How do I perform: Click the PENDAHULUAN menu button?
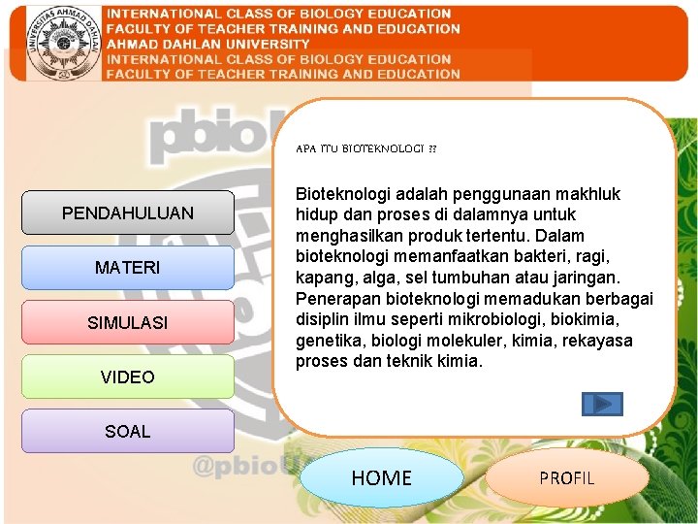[x=127, y=213]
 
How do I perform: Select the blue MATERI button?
[x=127, y=267]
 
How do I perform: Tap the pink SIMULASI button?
[x=127, y=322]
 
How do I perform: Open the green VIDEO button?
[x=127, y=377]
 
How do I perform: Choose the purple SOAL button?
[x=127, y=431]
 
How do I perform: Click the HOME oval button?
[x=381, y=477]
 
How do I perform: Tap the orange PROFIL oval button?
[x=566, y=477]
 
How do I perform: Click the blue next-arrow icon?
[x=602, y=404]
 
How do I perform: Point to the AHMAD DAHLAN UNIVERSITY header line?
[x=208, y=44]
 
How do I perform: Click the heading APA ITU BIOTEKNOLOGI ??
[x=365, y=149]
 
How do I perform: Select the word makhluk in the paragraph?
[x=585, y=194]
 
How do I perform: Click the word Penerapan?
[x=335, y=298]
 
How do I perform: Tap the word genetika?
[x=326, y=341]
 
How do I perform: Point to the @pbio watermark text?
[x=238, y=467]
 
